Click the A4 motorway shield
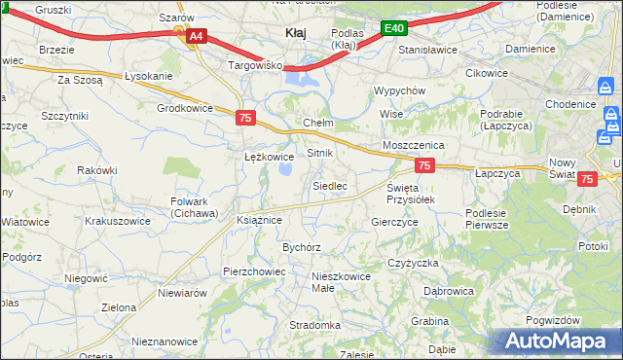(x=196, y=36)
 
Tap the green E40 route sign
(x=393, y=29)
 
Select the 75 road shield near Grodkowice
(x=245, y=118)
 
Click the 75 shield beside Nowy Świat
(x=586, y=179)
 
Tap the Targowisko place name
(x=254, y=65)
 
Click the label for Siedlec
(x=329, y=185)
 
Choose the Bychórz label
(x=302, y=247)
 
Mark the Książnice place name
(x=259, y=220)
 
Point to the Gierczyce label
(x=394, y=222)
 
